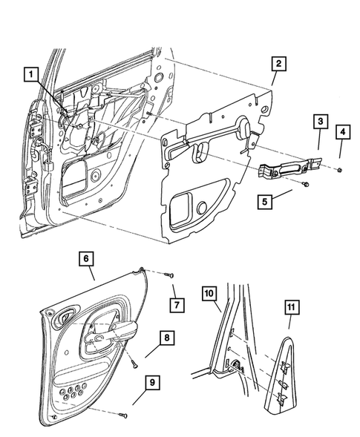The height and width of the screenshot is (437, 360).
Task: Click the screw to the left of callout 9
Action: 125,414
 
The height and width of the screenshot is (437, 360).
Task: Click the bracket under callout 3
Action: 289,168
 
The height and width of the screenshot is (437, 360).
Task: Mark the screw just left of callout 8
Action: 131,363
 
